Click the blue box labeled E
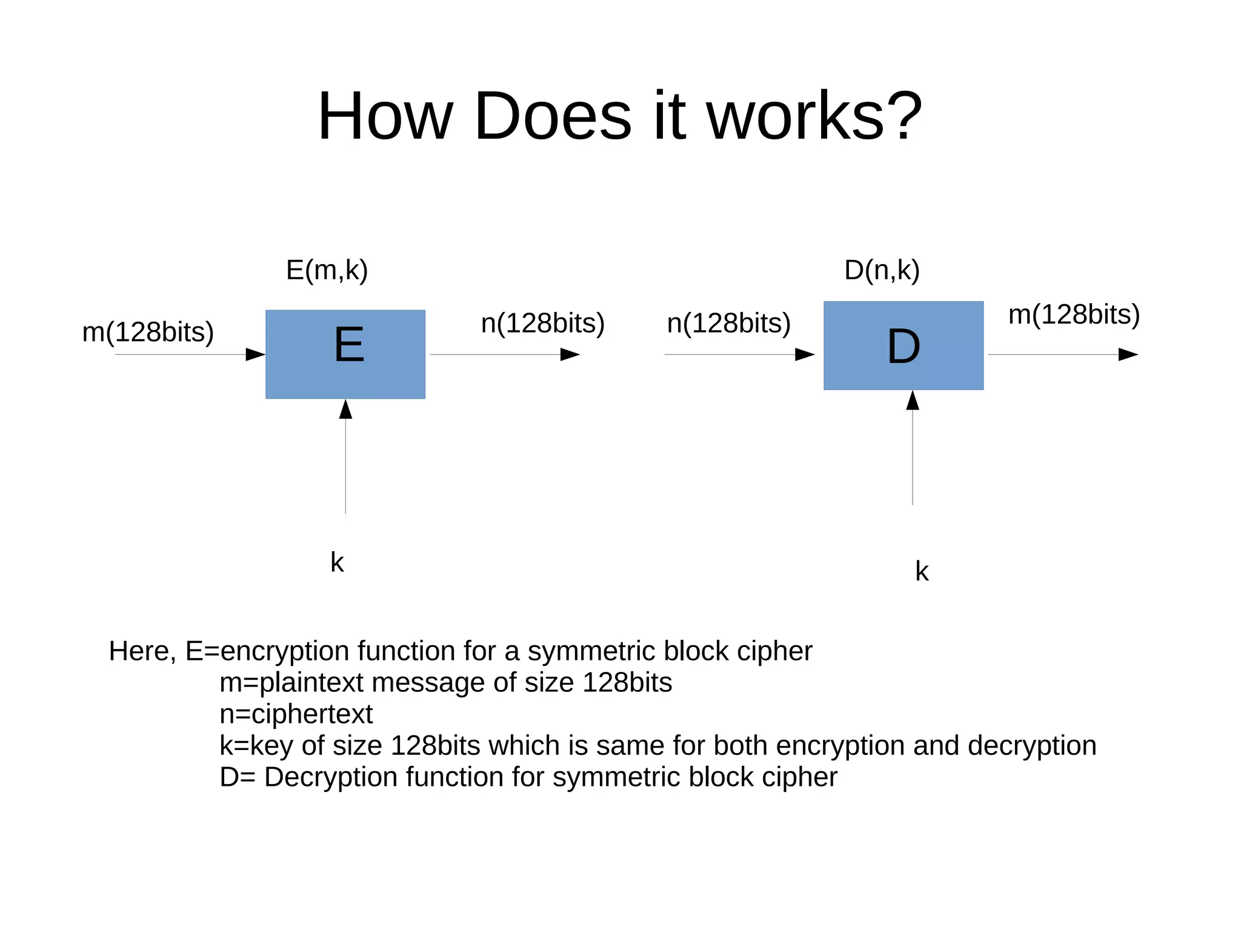(x=345, y=354)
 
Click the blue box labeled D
(x=903, y=345)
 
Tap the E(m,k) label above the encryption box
(x=327, y=270)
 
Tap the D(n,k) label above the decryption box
(x=882, y=270)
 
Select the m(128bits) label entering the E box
(x=148, y=332)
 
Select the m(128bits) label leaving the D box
(x=1074, y=314)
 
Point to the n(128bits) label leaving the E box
(x=542, y=323)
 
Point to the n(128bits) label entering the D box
(x=728, y=323)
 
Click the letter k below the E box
(x=337, y=562)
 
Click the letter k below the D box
(x=922, y=571)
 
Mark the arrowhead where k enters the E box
(x=345, y=409)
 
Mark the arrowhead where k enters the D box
(x=913, y=400)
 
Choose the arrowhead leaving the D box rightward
(x=1128, y=354)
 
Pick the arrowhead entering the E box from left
(x=255, y=354)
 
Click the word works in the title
(x=796, y=116)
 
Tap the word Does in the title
(x=553, y=116)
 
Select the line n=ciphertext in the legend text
(x=296, y=714)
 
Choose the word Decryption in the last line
(x=331, y=777)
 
